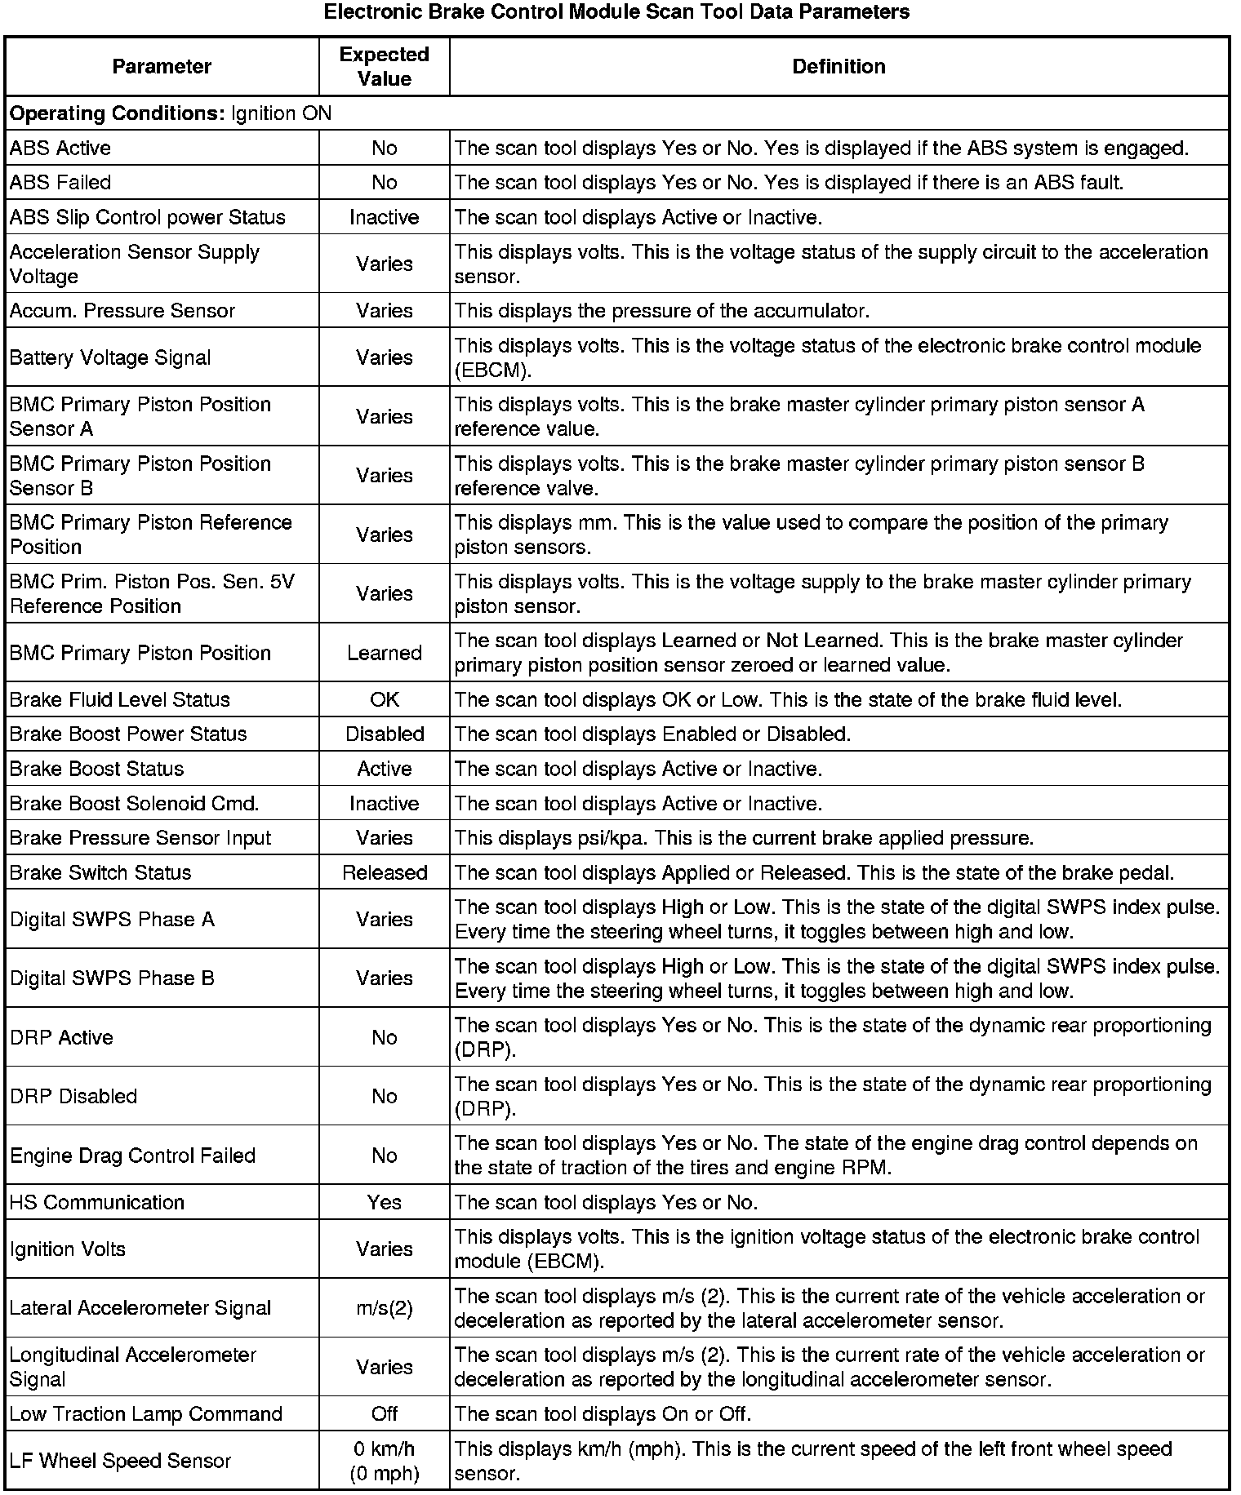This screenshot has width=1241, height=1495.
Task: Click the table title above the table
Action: click(x=616, y=12)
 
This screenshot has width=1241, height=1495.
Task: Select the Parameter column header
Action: click(x=162, y=66)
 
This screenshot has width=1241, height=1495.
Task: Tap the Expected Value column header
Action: click(x=384, y=66)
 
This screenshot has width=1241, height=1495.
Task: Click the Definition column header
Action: click(x=838, y=66)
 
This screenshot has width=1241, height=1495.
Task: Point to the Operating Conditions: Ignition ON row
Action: click(x=171, y=113)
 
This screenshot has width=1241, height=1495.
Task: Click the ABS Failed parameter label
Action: click(x=60, y=182)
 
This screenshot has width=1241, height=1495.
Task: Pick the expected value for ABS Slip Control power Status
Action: click(x=384, y=217)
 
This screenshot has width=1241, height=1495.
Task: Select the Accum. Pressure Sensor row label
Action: click(x=122, y=310)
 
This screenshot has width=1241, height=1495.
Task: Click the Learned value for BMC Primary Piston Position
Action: click(x=384, y=653)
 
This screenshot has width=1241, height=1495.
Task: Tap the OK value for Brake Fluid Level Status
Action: click(x=384, y=699)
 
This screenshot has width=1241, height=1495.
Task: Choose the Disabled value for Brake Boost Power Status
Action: click(x=384, y=734)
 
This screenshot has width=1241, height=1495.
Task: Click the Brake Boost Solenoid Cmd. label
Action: click(x=134, y=803)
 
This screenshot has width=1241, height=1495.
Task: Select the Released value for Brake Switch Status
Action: click(x=384, y=872)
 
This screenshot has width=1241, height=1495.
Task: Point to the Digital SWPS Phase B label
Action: click(x=112, y=978)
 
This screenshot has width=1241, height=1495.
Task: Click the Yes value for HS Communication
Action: click(x=384, y=1202)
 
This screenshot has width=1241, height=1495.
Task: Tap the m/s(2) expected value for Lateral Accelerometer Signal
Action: click(x=384, y=1308)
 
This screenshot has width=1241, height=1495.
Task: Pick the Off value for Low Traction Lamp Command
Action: click(x=384, y=1413)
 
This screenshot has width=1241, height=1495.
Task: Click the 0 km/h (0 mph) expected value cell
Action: click(x=384, y=1461)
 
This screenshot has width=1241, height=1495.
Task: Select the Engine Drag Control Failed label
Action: click(x=132, y=1156)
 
